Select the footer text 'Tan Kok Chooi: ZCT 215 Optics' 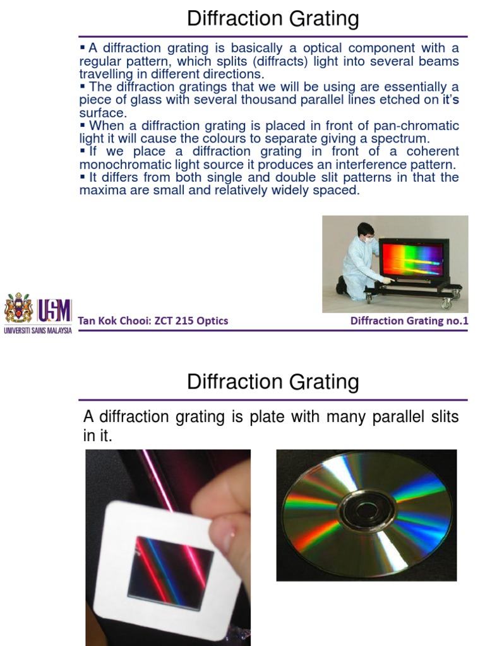coord(153,321)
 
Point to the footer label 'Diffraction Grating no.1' coord(409,321)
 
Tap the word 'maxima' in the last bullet coord(99,190)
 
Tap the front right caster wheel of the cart coord(446,303)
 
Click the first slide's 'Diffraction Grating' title coord(273,19)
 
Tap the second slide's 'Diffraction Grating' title coord(273,382)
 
